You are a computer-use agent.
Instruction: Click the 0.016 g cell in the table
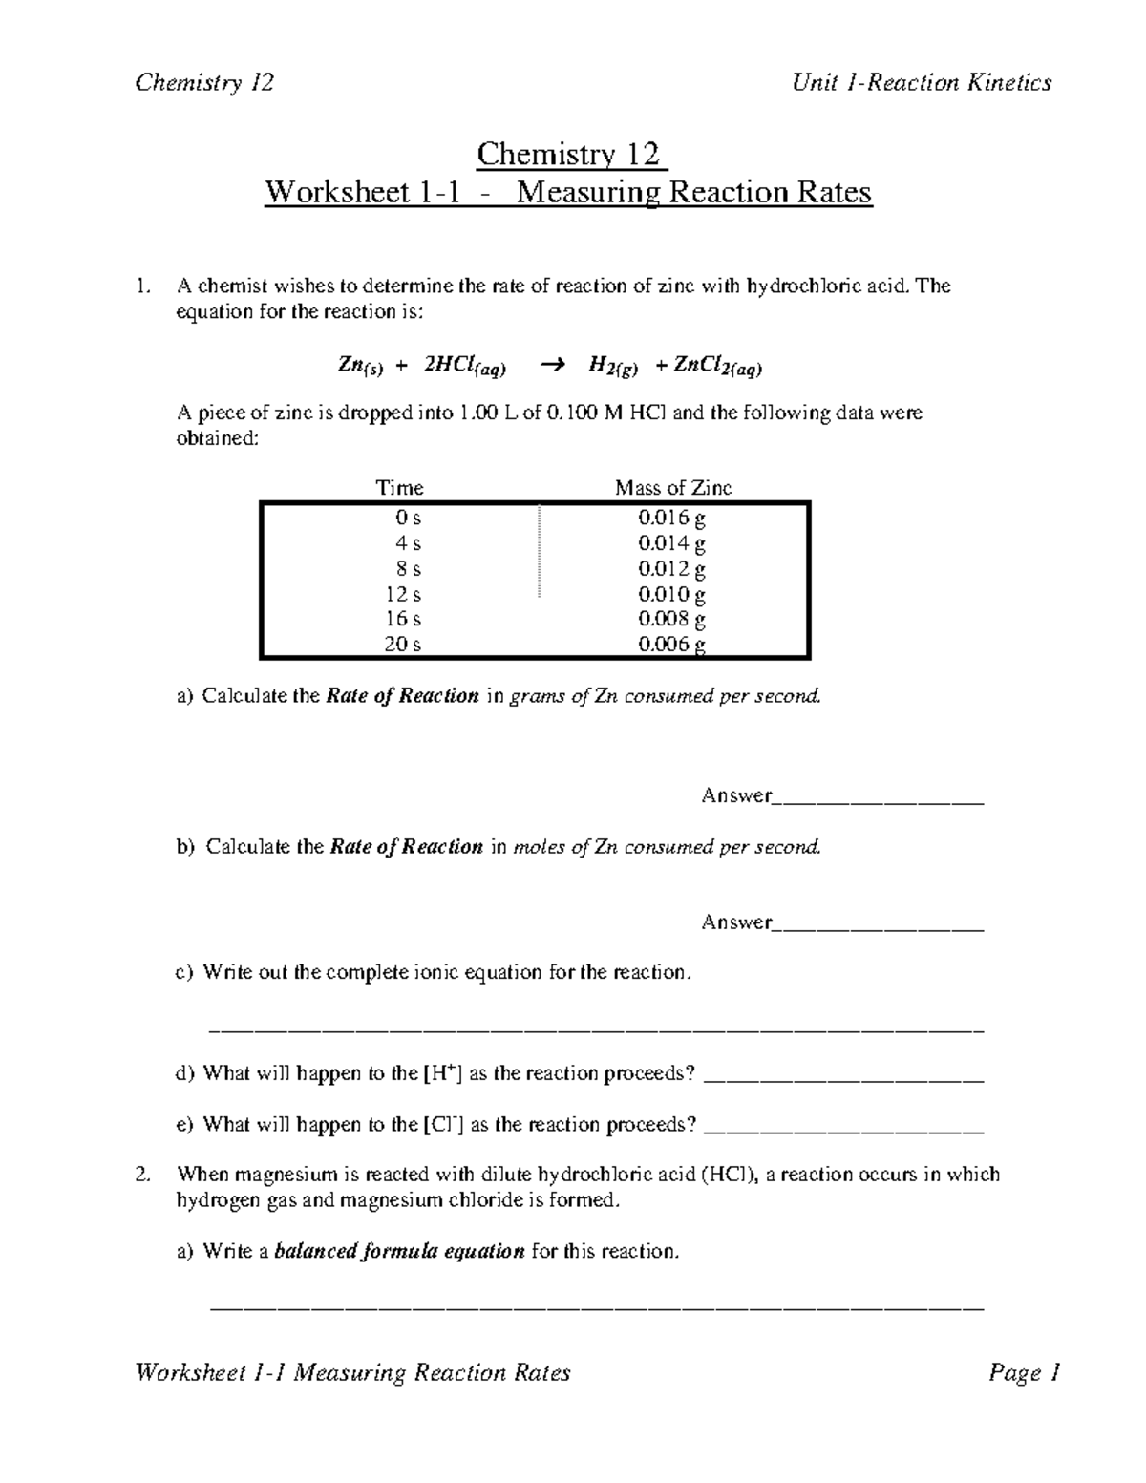[672, 519]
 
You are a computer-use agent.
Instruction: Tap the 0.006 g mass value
[672, 645]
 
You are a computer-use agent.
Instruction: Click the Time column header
[400, 488]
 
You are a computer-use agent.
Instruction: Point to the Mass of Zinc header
[673, 488]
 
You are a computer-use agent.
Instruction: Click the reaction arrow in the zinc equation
[552, 364]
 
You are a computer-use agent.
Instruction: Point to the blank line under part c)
[596, 1028]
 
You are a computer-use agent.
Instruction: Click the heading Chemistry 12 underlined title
[571, 154]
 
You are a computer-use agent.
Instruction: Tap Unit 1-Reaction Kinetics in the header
[922, 83]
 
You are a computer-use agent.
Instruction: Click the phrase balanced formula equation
[399, 1252]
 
